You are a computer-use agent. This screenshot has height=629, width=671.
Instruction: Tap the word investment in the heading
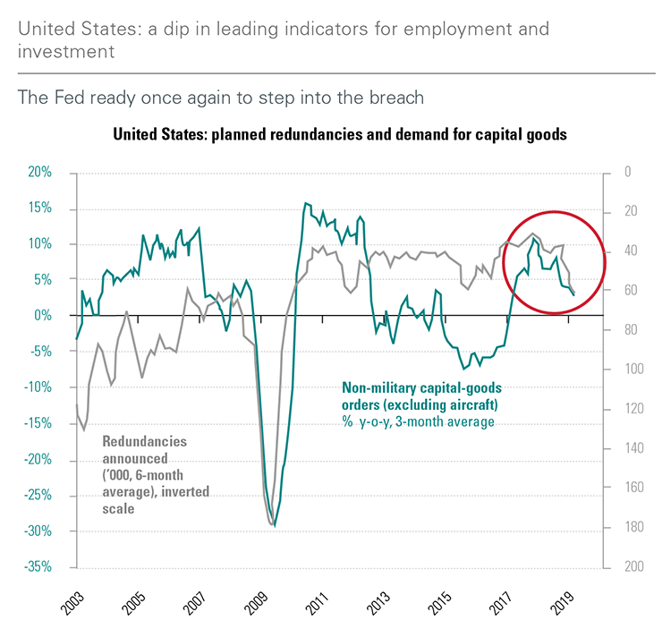point(65,51)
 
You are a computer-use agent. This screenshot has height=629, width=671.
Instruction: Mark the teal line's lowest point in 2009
point(275,526)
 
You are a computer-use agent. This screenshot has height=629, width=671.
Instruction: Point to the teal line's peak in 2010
point(305,203)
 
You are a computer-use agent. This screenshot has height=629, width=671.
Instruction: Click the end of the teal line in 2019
point(573,293)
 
